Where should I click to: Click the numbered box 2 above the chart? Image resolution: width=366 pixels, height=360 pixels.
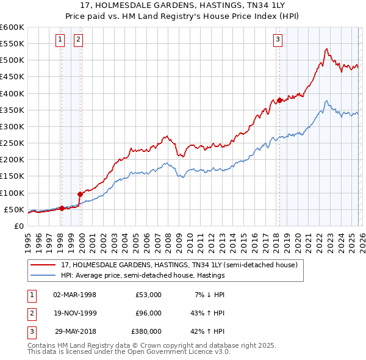coord(79,40)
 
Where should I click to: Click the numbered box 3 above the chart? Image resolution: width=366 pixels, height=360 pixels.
coord(278,40)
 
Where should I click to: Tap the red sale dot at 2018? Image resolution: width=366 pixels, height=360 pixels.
coord(279,100)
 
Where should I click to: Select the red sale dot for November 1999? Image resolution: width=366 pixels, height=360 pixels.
coord(80,194)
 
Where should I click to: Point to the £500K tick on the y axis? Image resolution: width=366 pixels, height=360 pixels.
coord(12,60)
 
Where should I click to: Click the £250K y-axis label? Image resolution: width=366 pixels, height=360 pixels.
coord(12,143)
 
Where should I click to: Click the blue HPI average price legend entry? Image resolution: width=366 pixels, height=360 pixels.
coord(143,275)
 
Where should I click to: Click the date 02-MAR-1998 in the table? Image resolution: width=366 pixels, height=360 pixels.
coord(75,295)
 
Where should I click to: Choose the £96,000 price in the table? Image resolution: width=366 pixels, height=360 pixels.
coord(148,313)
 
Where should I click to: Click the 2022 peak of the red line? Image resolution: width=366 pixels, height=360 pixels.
coord(327,49)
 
